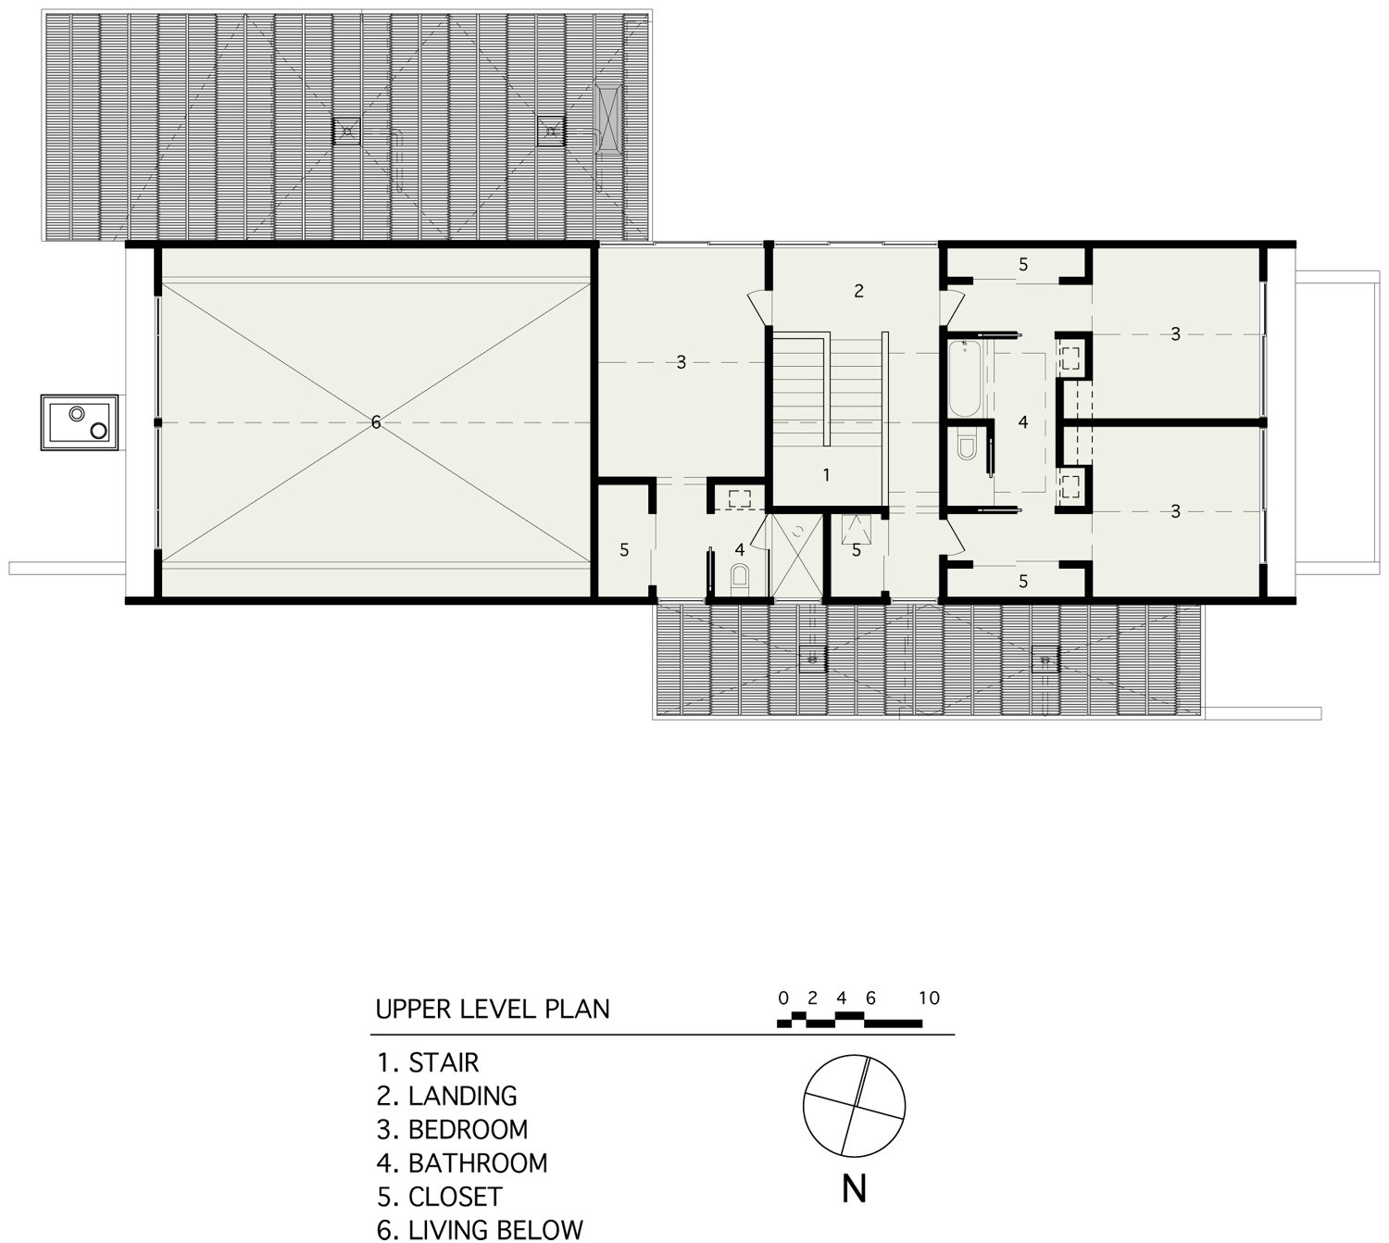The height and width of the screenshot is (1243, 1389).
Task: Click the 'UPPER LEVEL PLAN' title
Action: (493, 1009)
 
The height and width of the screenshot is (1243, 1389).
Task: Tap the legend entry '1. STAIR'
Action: (428, 1062)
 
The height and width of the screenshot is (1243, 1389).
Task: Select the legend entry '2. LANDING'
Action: (446, 1097)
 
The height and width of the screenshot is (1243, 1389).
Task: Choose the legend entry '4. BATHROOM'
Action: (462, 1163)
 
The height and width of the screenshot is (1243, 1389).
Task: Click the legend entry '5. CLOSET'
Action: (440, 1197)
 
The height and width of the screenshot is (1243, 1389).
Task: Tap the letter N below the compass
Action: (855, 1189)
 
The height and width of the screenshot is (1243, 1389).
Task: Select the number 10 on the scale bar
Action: (929, 998)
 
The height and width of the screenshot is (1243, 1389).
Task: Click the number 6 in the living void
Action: (376, 422)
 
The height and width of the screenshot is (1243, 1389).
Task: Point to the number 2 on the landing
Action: (859, 291)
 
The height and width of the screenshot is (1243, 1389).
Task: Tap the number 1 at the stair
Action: (827, 475)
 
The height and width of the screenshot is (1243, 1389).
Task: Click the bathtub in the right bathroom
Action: (965, 379)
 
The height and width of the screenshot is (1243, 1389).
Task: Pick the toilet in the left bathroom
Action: (739, 578)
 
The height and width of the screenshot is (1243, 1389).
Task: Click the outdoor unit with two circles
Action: (80, 422)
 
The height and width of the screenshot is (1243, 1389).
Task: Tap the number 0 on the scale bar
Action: (783, 998)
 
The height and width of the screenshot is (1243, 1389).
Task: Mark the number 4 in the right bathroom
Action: (1023, 422)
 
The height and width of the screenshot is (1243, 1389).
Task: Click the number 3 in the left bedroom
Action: (681, 363)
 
